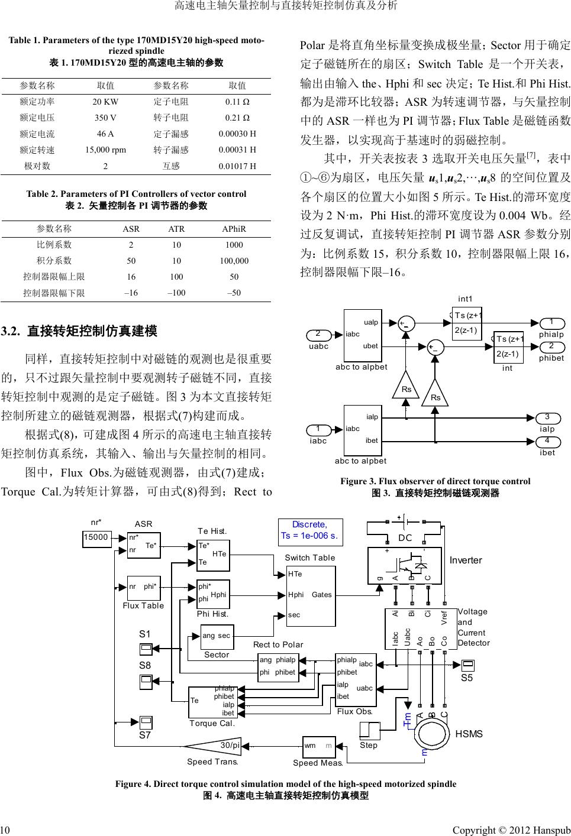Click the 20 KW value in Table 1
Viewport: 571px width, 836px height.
pyautogui.click(x=105, y=102)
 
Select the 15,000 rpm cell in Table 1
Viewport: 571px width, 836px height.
pyautogui.click(x=105, y=150)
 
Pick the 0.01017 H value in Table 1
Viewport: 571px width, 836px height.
pyautogui.click(x=237, y=166)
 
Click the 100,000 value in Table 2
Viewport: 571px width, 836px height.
pyautogui.click(x=234, y=261)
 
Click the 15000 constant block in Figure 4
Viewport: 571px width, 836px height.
pyautogui.click(x=96, y=537)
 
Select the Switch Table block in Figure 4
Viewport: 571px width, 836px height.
pyautogui.click(x=311, y=594)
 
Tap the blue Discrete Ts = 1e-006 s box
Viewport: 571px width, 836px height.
pyautogui.click(x=309, y=530)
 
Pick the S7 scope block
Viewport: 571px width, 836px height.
pyautogui.click(x=146, y=722)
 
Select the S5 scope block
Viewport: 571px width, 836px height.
pyautogui.click(x=467, y=665)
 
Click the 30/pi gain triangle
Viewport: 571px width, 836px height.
pyautogui.click(x=219, y=746)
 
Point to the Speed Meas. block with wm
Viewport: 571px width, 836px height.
pyautogui.click(x=318, y=747)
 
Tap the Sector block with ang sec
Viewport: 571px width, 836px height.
pyautogui.click(x=216, y=636)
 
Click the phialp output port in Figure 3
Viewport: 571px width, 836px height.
pyautogui.click(x=551, y=323)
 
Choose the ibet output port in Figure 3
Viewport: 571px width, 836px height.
pyautogui.click(x=547, y=442)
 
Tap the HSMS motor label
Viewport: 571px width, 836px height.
pyautogui.click(x=469, y=734)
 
